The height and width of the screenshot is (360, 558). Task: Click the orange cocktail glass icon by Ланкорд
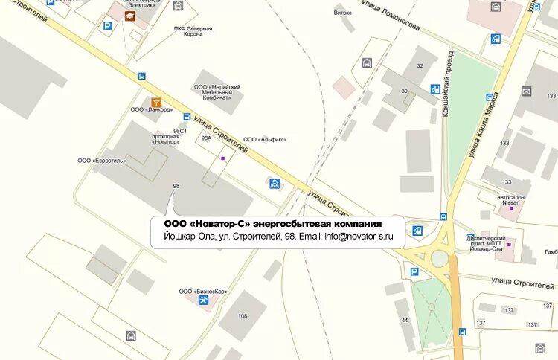click(156, 101)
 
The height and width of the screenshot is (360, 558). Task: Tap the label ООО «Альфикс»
click(264, 139)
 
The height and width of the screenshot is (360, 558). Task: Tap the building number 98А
click(206, 138)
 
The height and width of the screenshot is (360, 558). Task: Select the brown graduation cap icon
click(130, 16)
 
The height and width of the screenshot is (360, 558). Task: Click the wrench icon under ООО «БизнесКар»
click(202, 300)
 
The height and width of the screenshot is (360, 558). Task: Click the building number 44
click(405, 320)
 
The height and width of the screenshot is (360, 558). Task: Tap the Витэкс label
click(343, 13)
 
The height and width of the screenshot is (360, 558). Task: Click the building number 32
click(420, 66)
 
